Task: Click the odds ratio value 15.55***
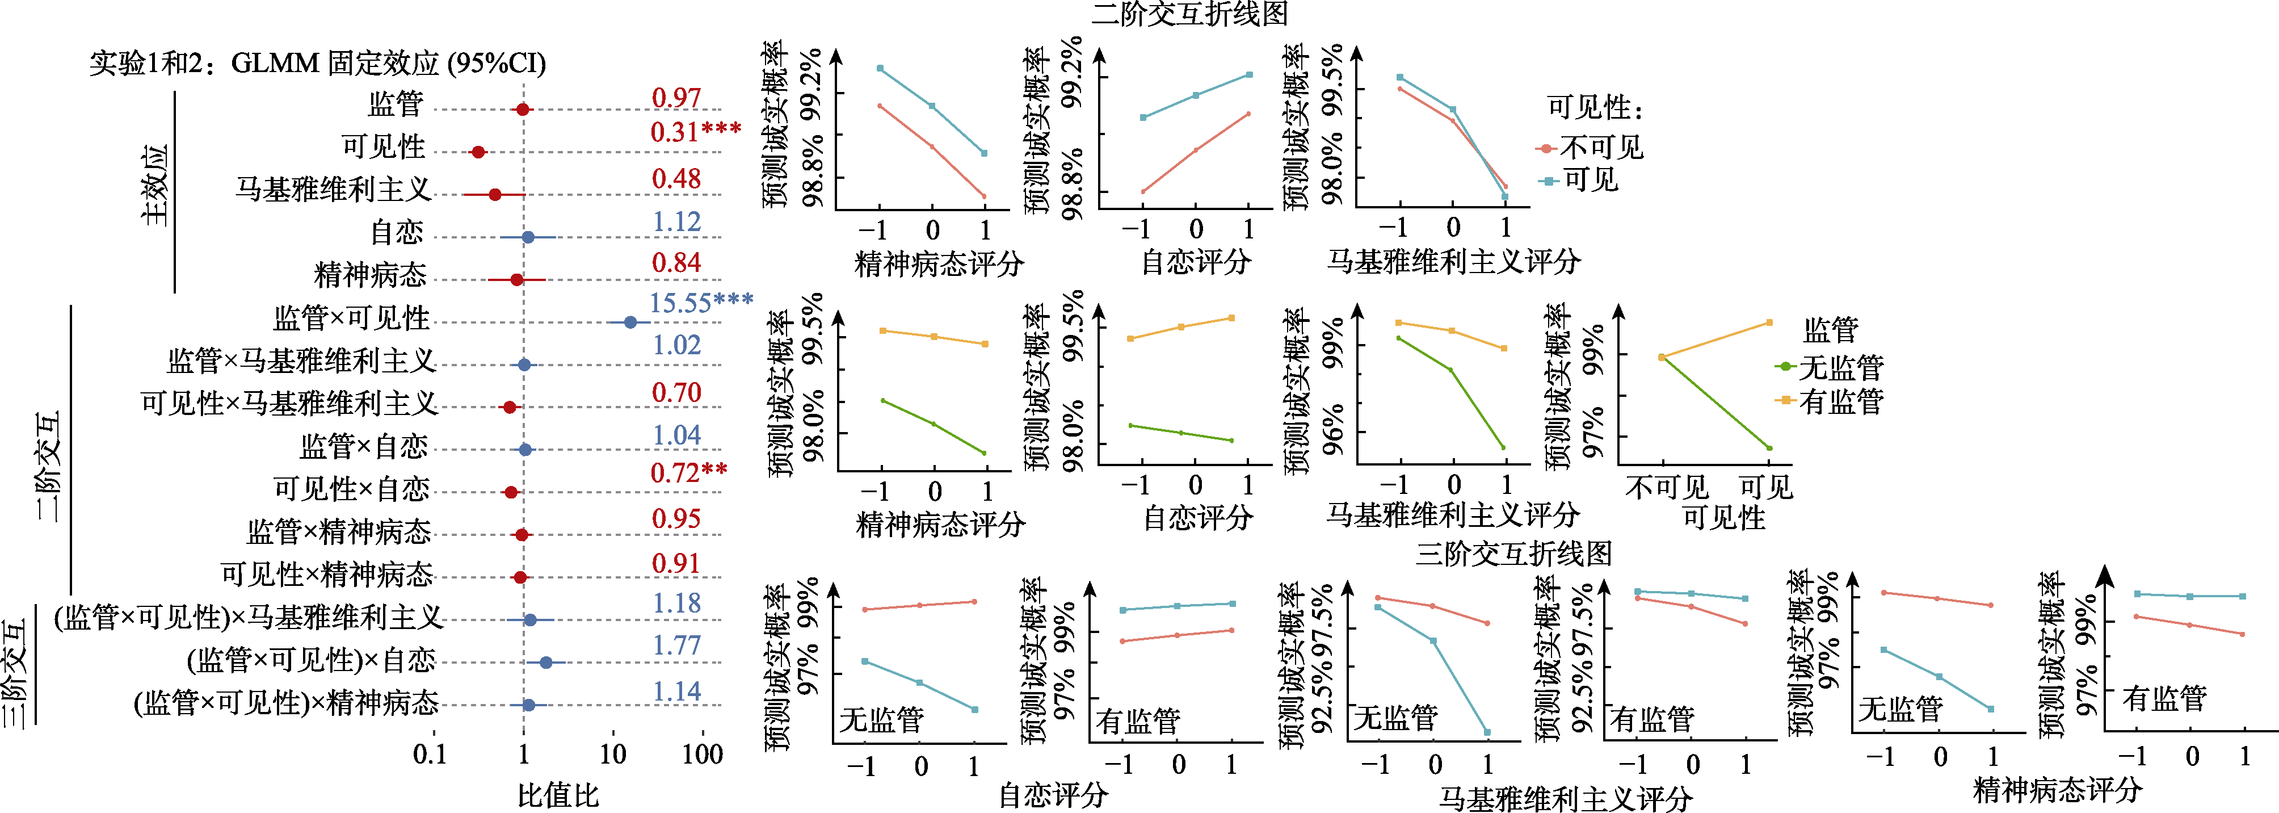[x=701, y=303]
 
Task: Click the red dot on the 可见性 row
[x=478, y=152]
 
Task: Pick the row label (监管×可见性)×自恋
[x=312, y=660]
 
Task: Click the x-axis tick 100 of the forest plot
[x=703, y=755]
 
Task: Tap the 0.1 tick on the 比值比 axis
[x=431, y=755]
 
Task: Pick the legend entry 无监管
[x=1840, y=366]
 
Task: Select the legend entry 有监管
[x=1840, y=401]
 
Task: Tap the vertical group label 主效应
[x=155, y=185]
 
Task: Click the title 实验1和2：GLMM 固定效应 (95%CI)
[x=318, y=64]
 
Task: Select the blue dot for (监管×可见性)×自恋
[x=546, y=663]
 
